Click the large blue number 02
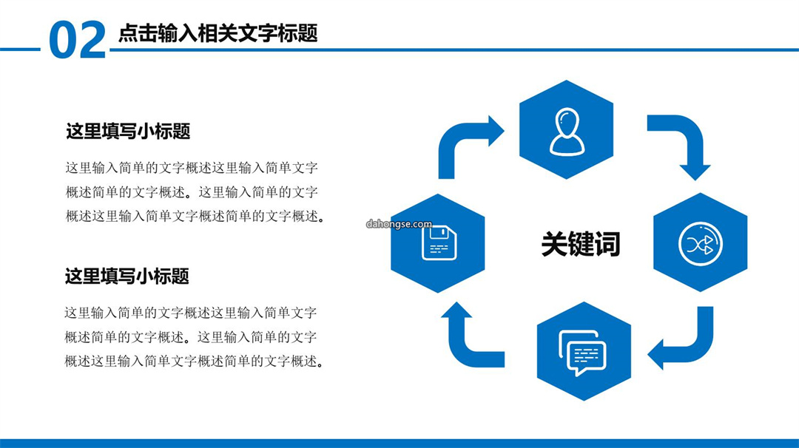coord(78,40)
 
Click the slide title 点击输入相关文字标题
coord(218,33)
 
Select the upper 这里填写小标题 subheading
coord(128,132)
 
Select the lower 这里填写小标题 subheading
coord(127,276)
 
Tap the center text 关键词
coord(581,244)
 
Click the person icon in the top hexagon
coord(567,132)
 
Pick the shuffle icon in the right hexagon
coord(700,244)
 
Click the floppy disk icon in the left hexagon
coord(439,242)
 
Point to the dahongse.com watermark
coord(399,224)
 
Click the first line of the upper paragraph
coord(192,168)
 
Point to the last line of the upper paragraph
coord(195,217)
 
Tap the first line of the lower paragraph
coord(191,313)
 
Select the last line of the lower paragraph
coord(195,362)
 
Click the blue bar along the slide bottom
coord(399,444)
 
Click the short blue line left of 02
coord(20,50)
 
